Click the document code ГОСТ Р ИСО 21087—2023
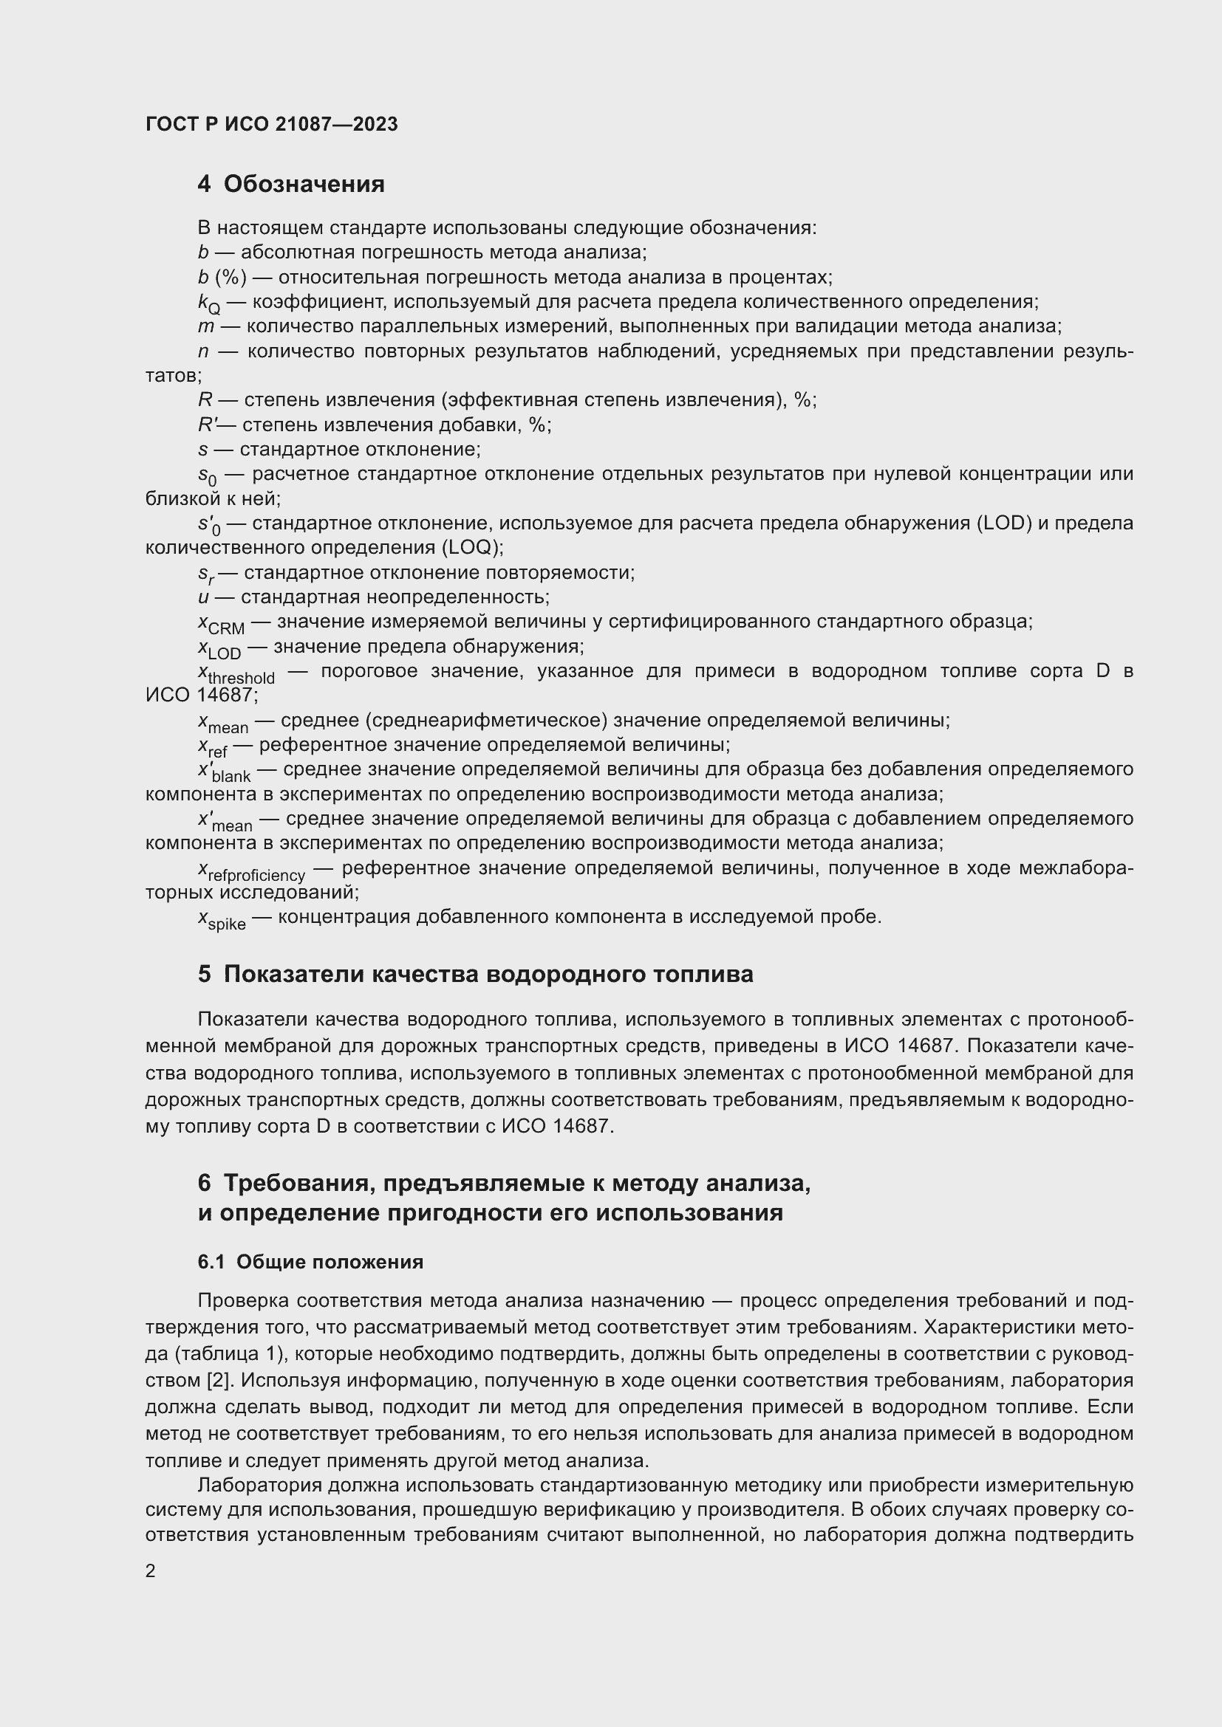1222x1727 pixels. pos(272,124)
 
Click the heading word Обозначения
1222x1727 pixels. pos(304,184)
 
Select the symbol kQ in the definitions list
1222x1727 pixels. pos(209,304)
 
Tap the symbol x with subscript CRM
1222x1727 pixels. pos(221,625)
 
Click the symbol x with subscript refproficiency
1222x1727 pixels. pos(251,872)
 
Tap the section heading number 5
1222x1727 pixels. pos(205,974)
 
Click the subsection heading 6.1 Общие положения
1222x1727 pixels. pos(310,1262)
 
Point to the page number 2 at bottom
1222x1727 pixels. pos(151,1570)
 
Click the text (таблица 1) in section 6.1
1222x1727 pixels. pos(230,1354)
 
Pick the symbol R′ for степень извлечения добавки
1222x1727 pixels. pos(207,425)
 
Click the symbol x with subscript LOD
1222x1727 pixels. pos(219,649)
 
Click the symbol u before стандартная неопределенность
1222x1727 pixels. pos(203,597)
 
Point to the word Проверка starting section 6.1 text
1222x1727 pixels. pos(242,1300)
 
